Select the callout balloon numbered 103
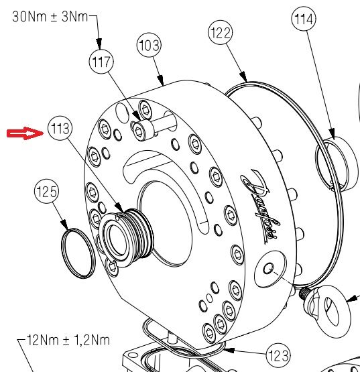149,46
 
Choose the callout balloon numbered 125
46,193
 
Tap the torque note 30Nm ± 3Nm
50,17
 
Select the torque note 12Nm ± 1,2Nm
64,341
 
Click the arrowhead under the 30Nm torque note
99,44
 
